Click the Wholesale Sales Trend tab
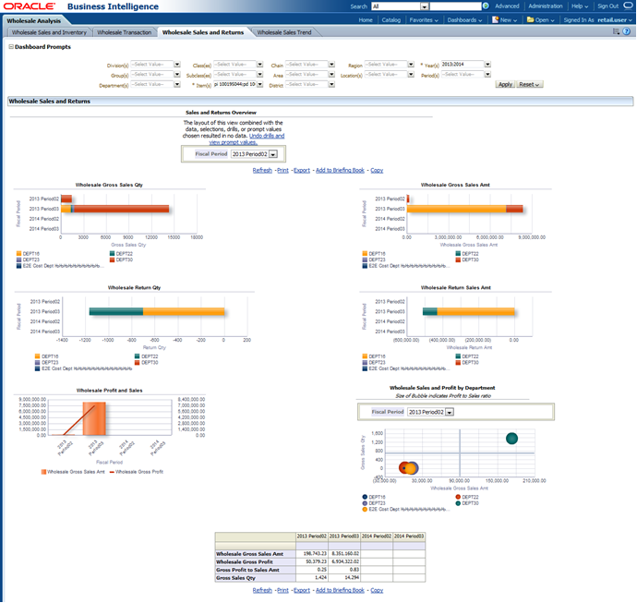(284, 32)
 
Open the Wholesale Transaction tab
(125, 32)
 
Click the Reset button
(529, 84)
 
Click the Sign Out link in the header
(607, 6)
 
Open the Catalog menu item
(391, 18)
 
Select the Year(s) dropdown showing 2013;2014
(466, 65)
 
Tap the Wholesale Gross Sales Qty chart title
(109, 185)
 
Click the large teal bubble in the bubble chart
(512, 438)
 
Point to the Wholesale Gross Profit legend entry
(140, 471)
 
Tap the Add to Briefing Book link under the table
(340, 589)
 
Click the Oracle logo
(30, 6)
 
